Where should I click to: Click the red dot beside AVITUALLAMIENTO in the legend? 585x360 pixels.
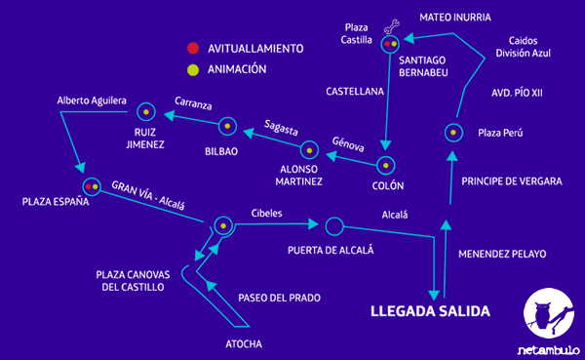point(193,48)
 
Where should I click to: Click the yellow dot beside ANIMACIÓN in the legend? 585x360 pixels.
point(193,69)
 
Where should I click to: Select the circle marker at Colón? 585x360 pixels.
point(386,166)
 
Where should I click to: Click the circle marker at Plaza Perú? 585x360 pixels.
point(452,132)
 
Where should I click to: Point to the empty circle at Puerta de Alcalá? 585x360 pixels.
point(334,226)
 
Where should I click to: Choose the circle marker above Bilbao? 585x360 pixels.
point(226,125)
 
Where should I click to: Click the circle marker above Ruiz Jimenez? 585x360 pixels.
point(146,110)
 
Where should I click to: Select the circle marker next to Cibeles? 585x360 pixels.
point(223,226)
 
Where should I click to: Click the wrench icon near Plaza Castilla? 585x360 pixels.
point(393,26)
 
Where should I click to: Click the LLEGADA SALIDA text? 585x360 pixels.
point(430,312)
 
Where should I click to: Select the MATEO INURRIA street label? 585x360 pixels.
point(454,17)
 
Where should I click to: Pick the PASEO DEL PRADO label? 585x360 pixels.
point(279,298)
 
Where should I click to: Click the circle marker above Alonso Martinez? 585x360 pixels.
point(309,149)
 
